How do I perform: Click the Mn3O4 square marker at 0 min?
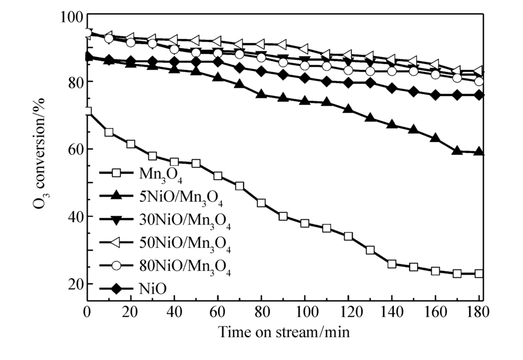point(88,111)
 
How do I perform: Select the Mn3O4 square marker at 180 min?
point(479,273)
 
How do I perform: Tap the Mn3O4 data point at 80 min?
point(261,203)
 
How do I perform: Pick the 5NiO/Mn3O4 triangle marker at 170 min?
point(457,151)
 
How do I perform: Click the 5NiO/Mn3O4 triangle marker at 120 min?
point(348,109)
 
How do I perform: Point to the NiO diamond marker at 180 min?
point(479,95)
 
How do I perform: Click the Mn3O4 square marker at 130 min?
point(370,250)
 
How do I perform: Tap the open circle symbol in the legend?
point(116,265)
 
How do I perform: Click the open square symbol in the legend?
point(116,173)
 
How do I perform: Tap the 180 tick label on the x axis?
point(478,312)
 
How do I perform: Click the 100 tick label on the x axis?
point(305,312)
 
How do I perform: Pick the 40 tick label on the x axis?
point(174,312)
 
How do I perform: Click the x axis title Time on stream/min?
point(284,332)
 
